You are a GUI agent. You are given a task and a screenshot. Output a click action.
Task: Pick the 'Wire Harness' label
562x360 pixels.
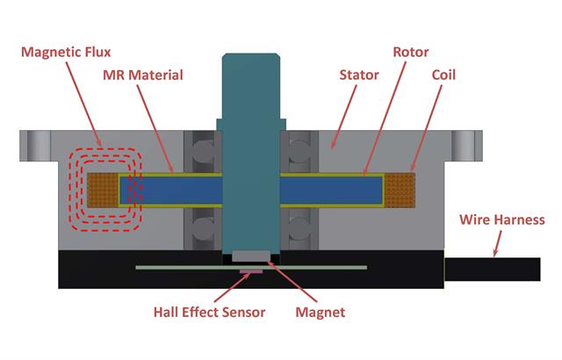(x=501, y=220)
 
